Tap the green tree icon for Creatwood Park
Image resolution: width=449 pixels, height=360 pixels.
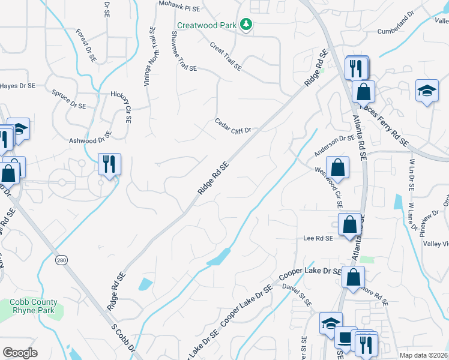(246, 25)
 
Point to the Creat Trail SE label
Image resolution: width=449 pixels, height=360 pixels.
(225, 56)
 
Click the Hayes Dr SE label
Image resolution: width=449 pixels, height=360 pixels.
(18, 86)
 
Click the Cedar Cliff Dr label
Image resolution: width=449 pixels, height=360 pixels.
(232, 126)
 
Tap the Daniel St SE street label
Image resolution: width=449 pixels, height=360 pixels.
(297, 295)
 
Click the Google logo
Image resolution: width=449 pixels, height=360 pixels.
(20, 352)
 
